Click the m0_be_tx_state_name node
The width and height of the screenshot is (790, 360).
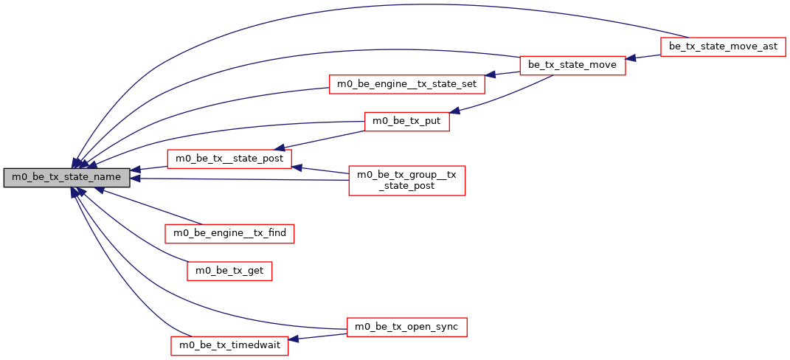pyautogui.click(x=67, y=178)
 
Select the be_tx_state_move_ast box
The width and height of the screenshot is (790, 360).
pyautogui.click(x=723, y=47)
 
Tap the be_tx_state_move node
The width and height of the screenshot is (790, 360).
pyautogui.click(x=573, y=66)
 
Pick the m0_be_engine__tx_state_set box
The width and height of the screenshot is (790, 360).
pyautogui.click(x=406, y=84)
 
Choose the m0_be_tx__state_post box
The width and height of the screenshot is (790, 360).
pyautogui.click(x=229, y=159)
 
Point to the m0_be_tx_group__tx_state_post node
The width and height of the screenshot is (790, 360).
pyautogui.click(x=406, y=180)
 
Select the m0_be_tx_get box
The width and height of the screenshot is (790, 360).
pyautogui.click(x=229, y=271)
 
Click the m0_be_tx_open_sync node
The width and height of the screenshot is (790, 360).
pyautogui.click(x=406, y=327)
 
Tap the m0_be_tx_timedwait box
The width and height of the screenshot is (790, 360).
pyautogui.click(x=229, y=345)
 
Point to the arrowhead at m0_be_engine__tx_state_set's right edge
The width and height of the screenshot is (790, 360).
pyautogui.click(x=491, y=75)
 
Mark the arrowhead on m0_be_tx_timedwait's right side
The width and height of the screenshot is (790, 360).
pyautogui.click(x=294, y=339)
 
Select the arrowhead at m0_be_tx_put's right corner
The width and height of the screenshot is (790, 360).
pyautogui.click(x=455, y=111)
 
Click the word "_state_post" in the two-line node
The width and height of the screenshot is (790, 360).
pyautogui.click(x=406, y=186)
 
